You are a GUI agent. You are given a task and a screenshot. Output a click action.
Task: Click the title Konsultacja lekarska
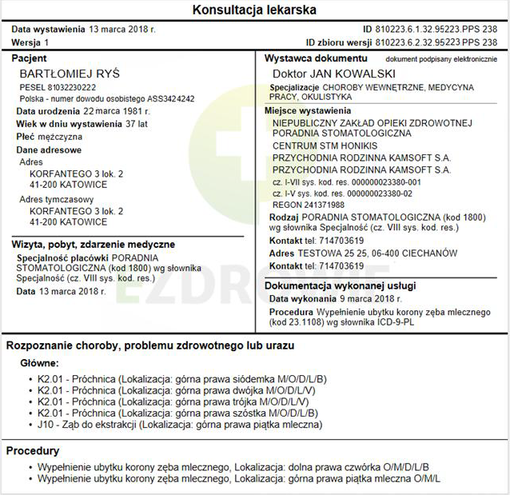coord(255,10)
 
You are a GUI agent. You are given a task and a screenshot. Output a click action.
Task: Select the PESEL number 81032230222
coord(71,86)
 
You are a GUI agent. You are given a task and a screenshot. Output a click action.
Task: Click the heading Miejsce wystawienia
coord(308,110)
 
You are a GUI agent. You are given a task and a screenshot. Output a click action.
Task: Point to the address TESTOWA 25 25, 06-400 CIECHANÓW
coord(377,253)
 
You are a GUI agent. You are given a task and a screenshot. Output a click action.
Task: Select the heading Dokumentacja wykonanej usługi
coord(340,285)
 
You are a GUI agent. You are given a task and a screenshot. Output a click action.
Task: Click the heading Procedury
coord(33,451)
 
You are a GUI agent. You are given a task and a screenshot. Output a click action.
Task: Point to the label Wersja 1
coord(30,42)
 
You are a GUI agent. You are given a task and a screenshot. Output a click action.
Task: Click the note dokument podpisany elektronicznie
coord(441,59)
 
